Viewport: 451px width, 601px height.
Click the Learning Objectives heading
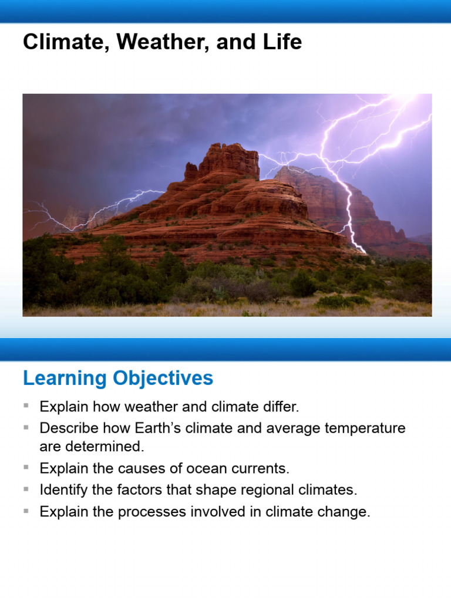118,379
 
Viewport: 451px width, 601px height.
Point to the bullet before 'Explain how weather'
26,406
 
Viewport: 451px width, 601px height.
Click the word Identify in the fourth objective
60,489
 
